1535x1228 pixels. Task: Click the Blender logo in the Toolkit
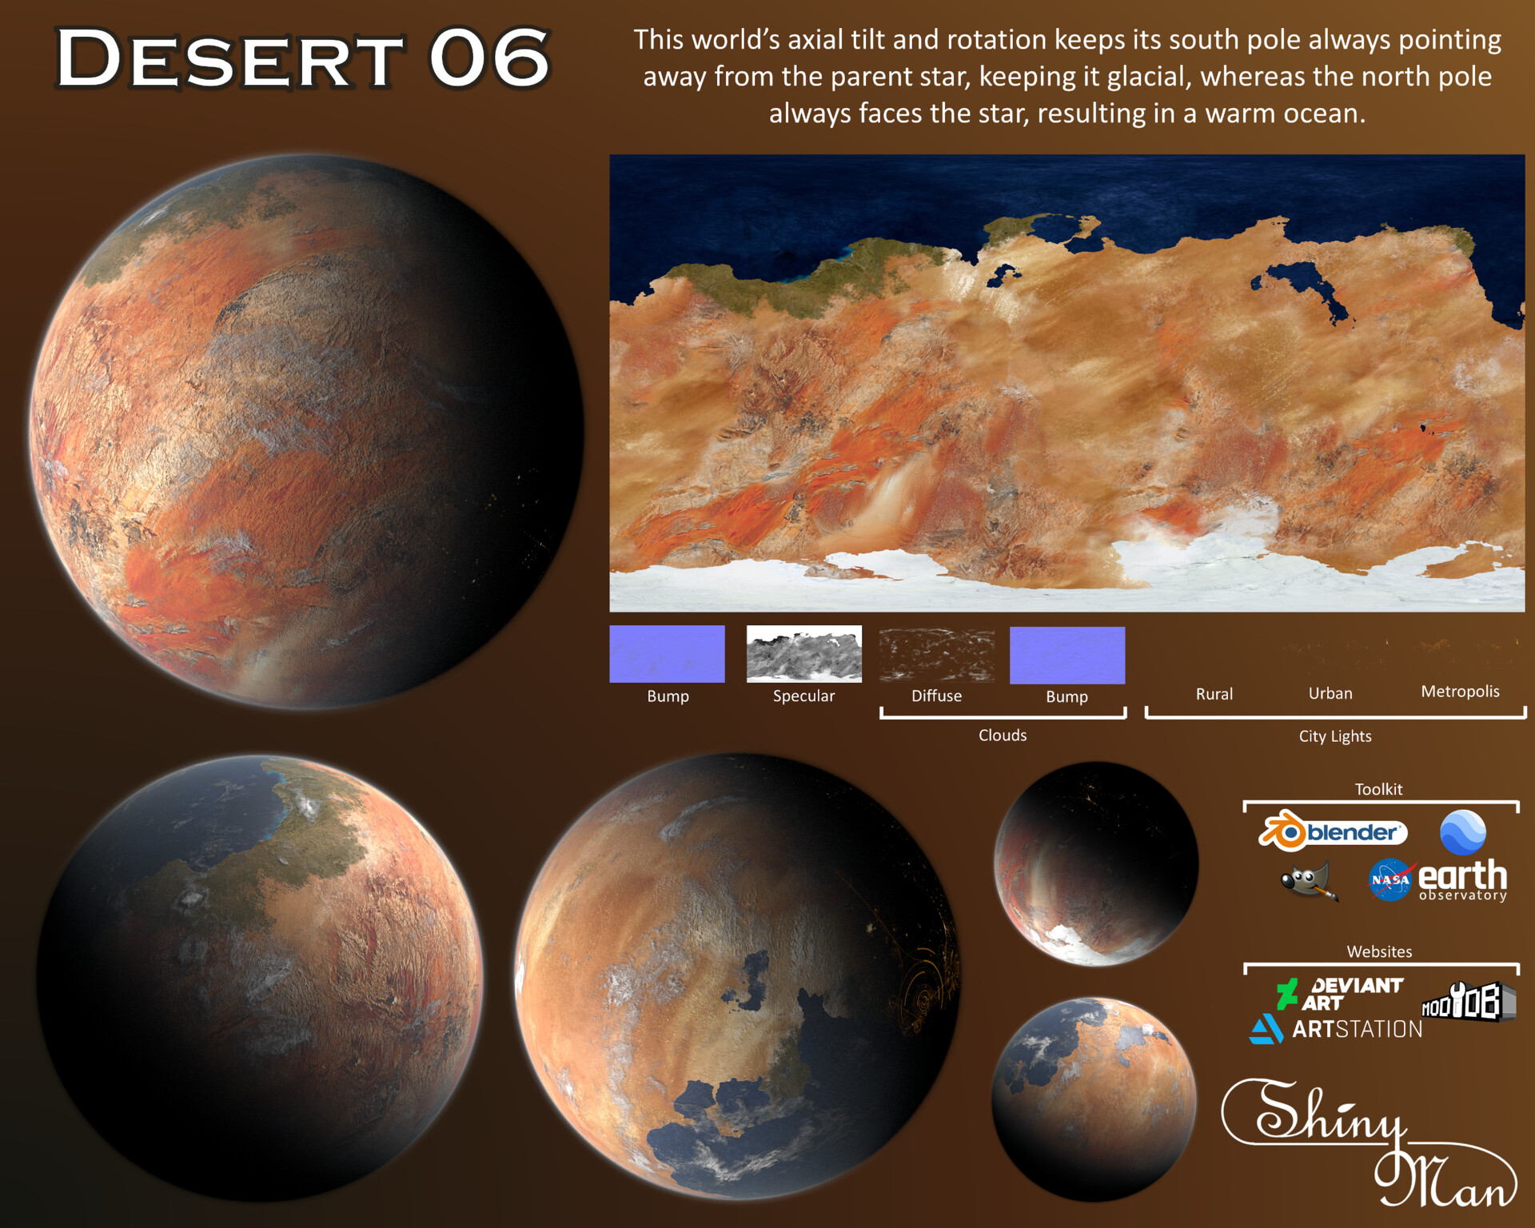click(1333, 831)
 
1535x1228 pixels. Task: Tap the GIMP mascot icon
click(1308, 880)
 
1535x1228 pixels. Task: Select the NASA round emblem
click(1390, 880)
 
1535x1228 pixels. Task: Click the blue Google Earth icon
click(1462, 832)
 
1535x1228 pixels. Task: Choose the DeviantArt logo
click(1340, 994)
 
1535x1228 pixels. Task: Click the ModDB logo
click(1468, 1002)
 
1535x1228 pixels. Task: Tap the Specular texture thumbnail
click(803, 654)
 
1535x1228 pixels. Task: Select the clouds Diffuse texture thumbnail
click(936, 655)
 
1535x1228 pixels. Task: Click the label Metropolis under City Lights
click(1460, 692)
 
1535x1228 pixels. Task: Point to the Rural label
click(1214, 694)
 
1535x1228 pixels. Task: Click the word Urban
click(1330, 693)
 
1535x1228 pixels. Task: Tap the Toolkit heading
click(1378, 789)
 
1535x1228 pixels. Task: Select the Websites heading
click(1379, 951)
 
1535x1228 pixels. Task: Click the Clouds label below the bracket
click(1003, 735)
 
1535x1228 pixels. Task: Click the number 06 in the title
click(489, 58)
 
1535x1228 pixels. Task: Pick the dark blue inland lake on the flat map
click(1306, 288)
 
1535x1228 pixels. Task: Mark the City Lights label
click(1334, 736)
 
